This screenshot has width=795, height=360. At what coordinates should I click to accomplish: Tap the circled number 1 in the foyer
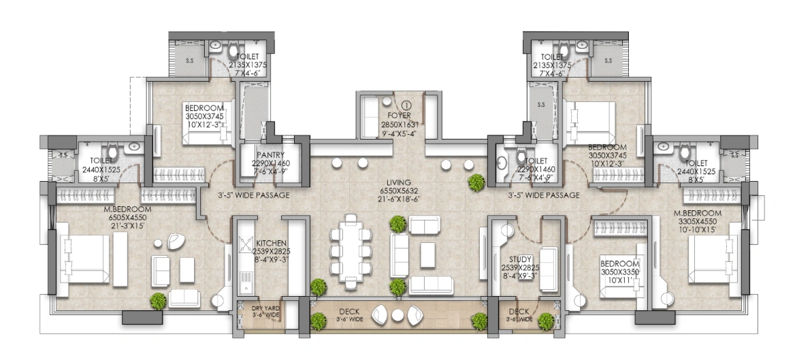406,105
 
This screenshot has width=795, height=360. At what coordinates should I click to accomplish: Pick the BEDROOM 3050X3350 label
620,263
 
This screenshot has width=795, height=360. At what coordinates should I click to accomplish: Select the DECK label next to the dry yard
350,311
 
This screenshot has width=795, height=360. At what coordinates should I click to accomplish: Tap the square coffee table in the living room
428,255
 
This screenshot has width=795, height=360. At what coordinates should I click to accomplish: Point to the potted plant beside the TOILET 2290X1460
476,181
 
